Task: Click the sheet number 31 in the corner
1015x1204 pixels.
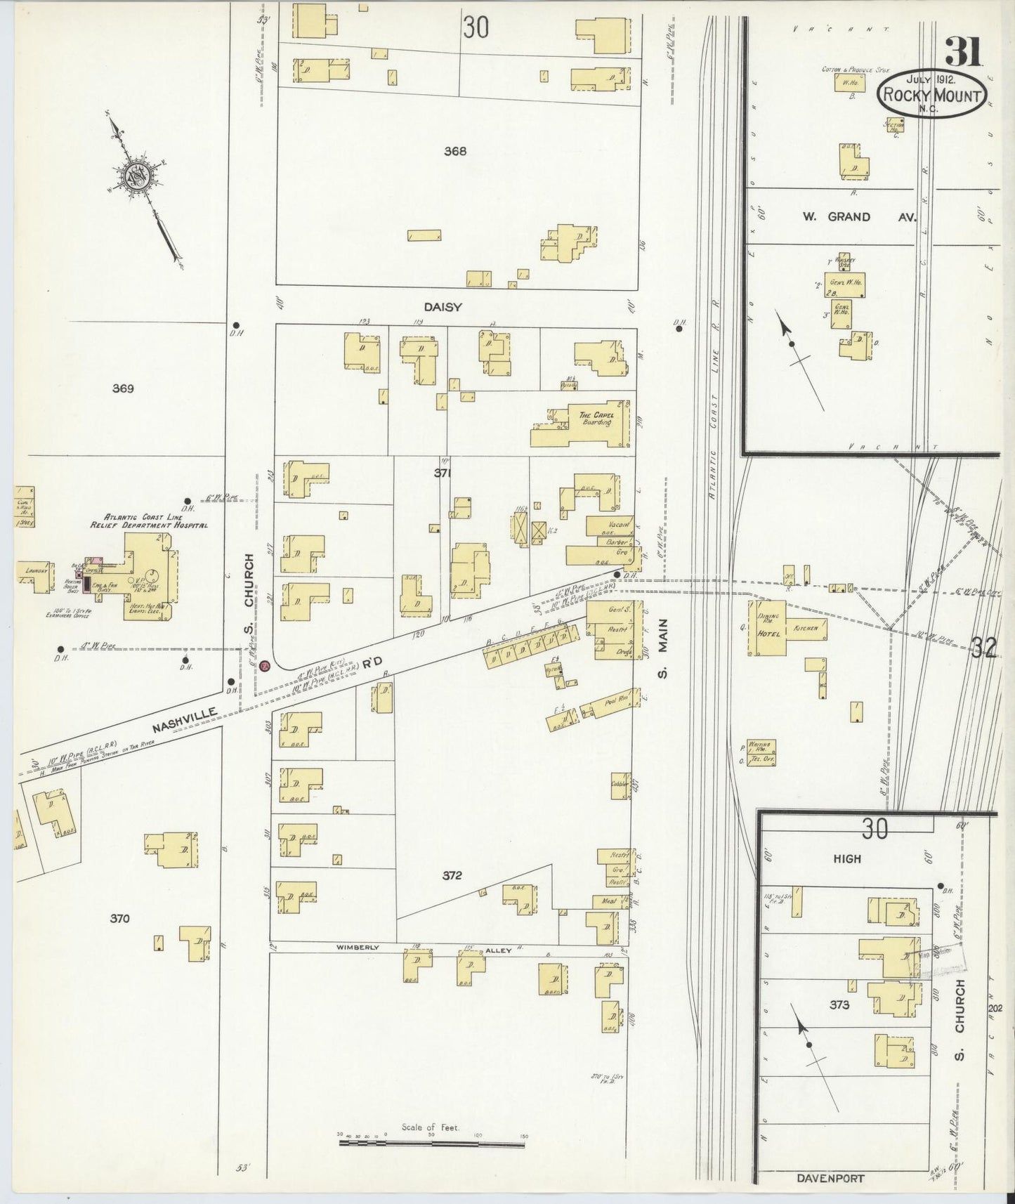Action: (x=963, y=50)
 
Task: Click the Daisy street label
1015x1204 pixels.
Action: (x=443, y=307)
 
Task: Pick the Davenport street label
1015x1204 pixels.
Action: (x=831, y=1178)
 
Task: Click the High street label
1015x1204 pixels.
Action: (x=846, y=858)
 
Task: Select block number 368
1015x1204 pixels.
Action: (x=455, y=150)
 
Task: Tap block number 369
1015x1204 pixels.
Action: (x=123, y=388)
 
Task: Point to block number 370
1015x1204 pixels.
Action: (x=120, y=918)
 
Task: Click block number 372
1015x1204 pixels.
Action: (x=452, y=875)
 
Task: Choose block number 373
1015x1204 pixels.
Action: (x=839, y=1005)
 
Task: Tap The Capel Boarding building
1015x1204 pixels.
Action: (x=596, y=419)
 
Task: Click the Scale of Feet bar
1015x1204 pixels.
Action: (x=432, y=1144)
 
